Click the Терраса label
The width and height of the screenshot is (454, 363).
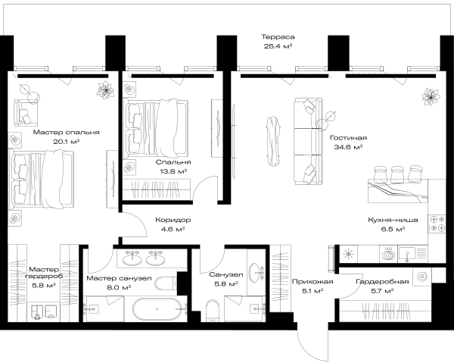click(x=278, y=37)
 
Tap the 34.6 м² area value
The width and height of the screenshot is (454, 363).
click(x=349, y=147)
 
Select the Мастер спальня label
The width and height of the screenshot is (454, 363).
click(x=67, y=133)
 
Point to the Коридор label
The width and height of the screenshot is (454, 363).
click(x=173, y=220)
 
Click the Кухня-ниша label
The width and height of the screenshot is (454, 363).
click(x=393, y=220)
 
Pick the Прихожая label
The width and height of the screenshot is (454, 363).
click(x=313, y=281)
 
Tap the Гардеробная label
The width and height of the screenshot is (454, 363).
click(x=382, y=281)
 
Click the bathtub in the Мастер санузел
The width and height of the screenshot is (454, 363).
click(x=157, y=308)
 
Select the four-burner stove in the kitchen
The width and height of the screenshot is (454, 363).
click(x=437, y=224)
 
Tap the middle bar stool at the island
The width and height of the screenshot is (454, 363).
click(x=397, y=174)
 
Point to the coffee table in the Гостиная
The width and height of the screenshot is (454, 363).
click(x=274, y=141)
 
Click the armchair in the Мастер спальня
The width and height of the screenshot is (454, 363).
click(x=26, y=113)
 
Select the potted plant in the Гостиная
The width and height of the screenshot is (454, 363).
click(x=431, y=97)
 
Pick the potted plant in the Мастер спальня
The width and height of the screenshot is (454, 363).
click(x=105, y=90)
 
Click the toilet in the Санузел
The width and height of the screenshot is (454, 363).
click(x=213, y=311)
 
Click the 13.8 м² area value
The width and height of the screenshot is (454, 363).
click(x=173, y=171)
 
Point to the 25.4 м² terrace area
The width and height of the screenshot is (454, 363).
click(x=278, y=46)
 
